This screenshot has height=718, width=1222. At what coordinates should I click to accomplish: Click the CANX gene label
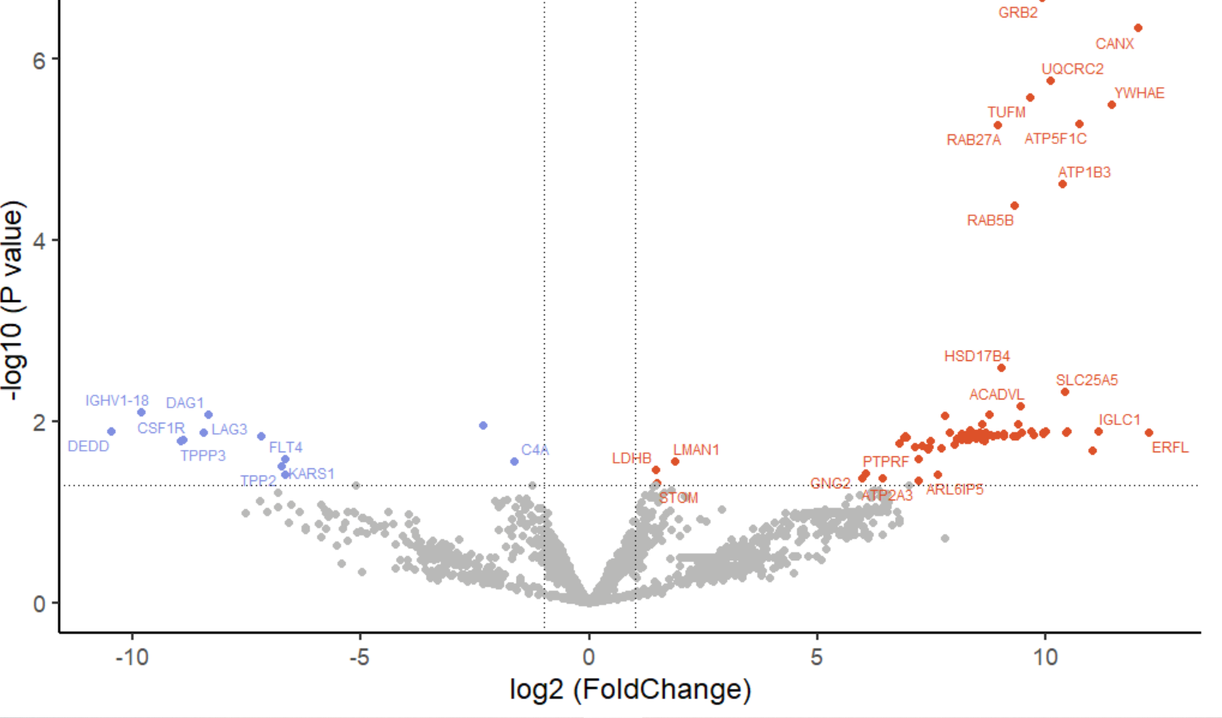(x=1114, y=44)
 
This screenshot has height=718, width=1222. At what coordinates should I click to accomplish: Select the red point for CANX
(x=1138, y=28)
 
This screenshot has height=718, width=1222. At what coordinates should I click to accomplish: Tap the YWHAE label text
(x=1139, y=93)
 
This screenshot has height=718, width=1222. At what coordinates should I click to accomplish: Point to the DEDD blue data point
(x=111, y=431)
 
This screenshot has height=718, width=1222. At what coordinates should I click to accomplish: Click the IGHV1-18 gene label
(x=117, y=400)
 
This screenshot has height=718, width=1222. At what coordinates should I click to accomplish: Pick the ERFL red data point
(x=1148, y=433)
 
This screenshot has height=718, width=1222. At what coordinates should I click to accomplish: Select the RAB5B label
(x=990, y=220)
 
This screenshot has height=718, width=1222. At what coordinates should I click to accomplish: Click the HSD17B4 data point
(x=1001, y=368)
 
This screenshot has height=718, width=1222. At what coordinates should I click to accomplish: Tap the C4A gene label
(x=535, y=450)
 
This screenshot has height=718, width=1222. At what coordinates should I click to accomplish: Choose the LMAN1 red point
(x=675, y=462)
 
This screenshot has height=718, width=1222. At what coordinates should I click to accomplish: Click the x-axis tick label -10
(x=132, y=657)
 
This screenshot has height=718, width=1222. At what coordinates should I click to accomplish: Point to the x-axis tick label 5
(x=817, y=657)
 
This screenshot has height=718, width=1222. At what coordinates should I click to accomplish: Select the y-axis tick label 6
(x=39, y=60)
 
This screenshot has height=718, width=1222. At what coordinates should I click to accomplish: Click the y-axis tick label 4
(x=39, y=241)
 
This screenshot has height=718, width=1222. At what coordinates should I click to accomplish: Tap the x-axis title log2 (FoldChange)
(x=630, y=689)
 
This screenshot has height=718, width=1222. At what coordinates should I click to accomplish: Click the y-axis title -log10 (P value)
(x=14, y=300)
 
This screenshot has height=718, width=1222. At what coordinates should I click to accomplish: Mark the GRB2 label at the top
(x=1017, y=13)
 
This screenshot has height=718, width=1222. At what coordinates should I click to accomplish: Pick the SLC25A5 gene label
(x=1086, y=380)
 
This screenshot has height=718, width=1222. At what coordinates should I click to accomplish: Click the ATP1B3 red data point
(x=1062, y=184)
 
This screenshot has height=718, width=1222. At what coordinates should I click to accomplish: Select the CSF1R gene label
(x=161, y=428)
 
